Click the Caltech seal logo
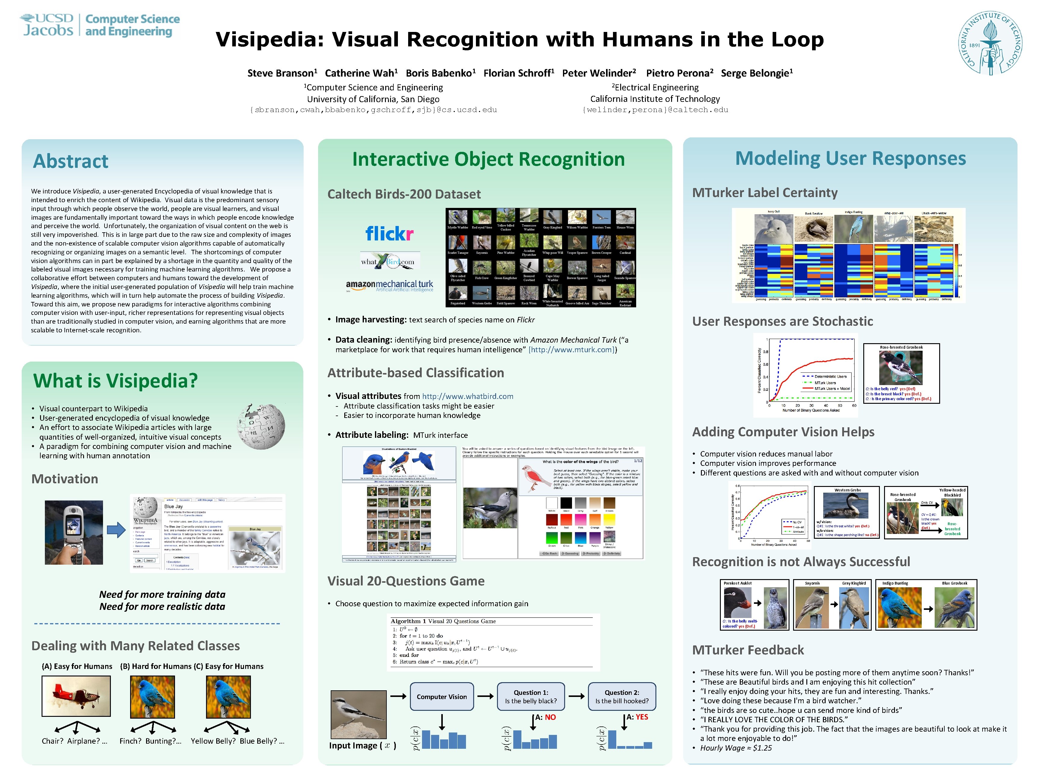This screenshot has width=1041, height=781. click(x=990, y=43)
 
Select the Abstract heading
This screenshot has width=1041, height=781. click(x=70, y=162)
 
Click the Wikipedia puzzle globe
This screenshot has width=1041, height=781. click(x=261, y=425)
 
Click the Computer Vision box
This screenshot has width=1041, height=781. click(x=442, y=697)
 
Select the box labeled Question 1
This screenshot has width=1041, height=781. click(x=530, y=697)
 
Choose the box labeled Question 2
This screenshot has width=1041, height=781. click(x=622, y=697)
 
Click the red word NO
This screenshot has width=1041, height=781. click(x=550, y=717)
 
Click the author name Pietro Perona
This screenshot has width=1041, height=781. click(x=679, y=73)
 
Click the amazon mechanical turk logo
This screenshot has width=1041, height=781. click(x=389, y=285)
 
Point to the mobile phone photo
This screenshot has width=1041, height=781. click(x=74, y=532)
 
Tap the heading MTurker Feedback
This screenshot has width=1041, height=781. click(x=748, y=650)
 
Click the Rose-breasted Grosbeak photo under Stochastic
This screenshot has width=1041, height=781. click(x=900, y=368)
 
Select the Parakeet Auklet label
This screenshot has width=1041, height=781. click(x=737, y=583)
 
